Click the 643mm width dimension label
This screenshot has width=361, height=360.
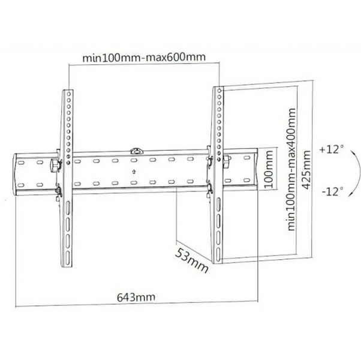[x=136, y=298]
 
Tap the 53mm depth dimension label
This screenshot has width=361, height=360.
[x=192, y=260]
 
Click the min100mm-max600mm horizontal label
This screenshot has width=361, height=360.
[x=144, y=58]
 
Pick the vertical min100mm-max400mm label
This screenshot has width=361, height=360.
[x=291, y=169]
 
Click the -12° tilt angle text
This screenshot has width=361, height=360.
[x=332, y=191]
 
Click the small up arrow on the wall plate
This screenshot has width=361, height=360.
[x=134, y=172]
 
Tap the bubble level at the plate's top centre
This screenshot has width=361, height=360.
[x=136, y=151]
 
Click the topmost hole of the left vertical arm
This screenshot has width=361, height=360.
[x=68, y=94]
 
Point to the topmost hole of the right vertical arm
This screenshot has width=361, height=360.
[x=219, y=91]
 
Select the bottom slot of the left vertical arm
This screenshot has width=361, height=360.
[x=68, y=256]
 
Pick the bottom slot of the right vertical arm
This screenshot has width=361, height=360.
[x=218, y=252]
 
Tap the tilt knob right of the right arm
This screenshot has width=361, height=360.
[x=227, y=161]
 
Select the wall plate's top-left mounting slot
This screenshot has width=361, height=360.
[x=21, y=163]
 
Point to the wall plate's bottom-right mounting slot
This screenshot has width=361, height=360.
[x=246, y=180]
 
